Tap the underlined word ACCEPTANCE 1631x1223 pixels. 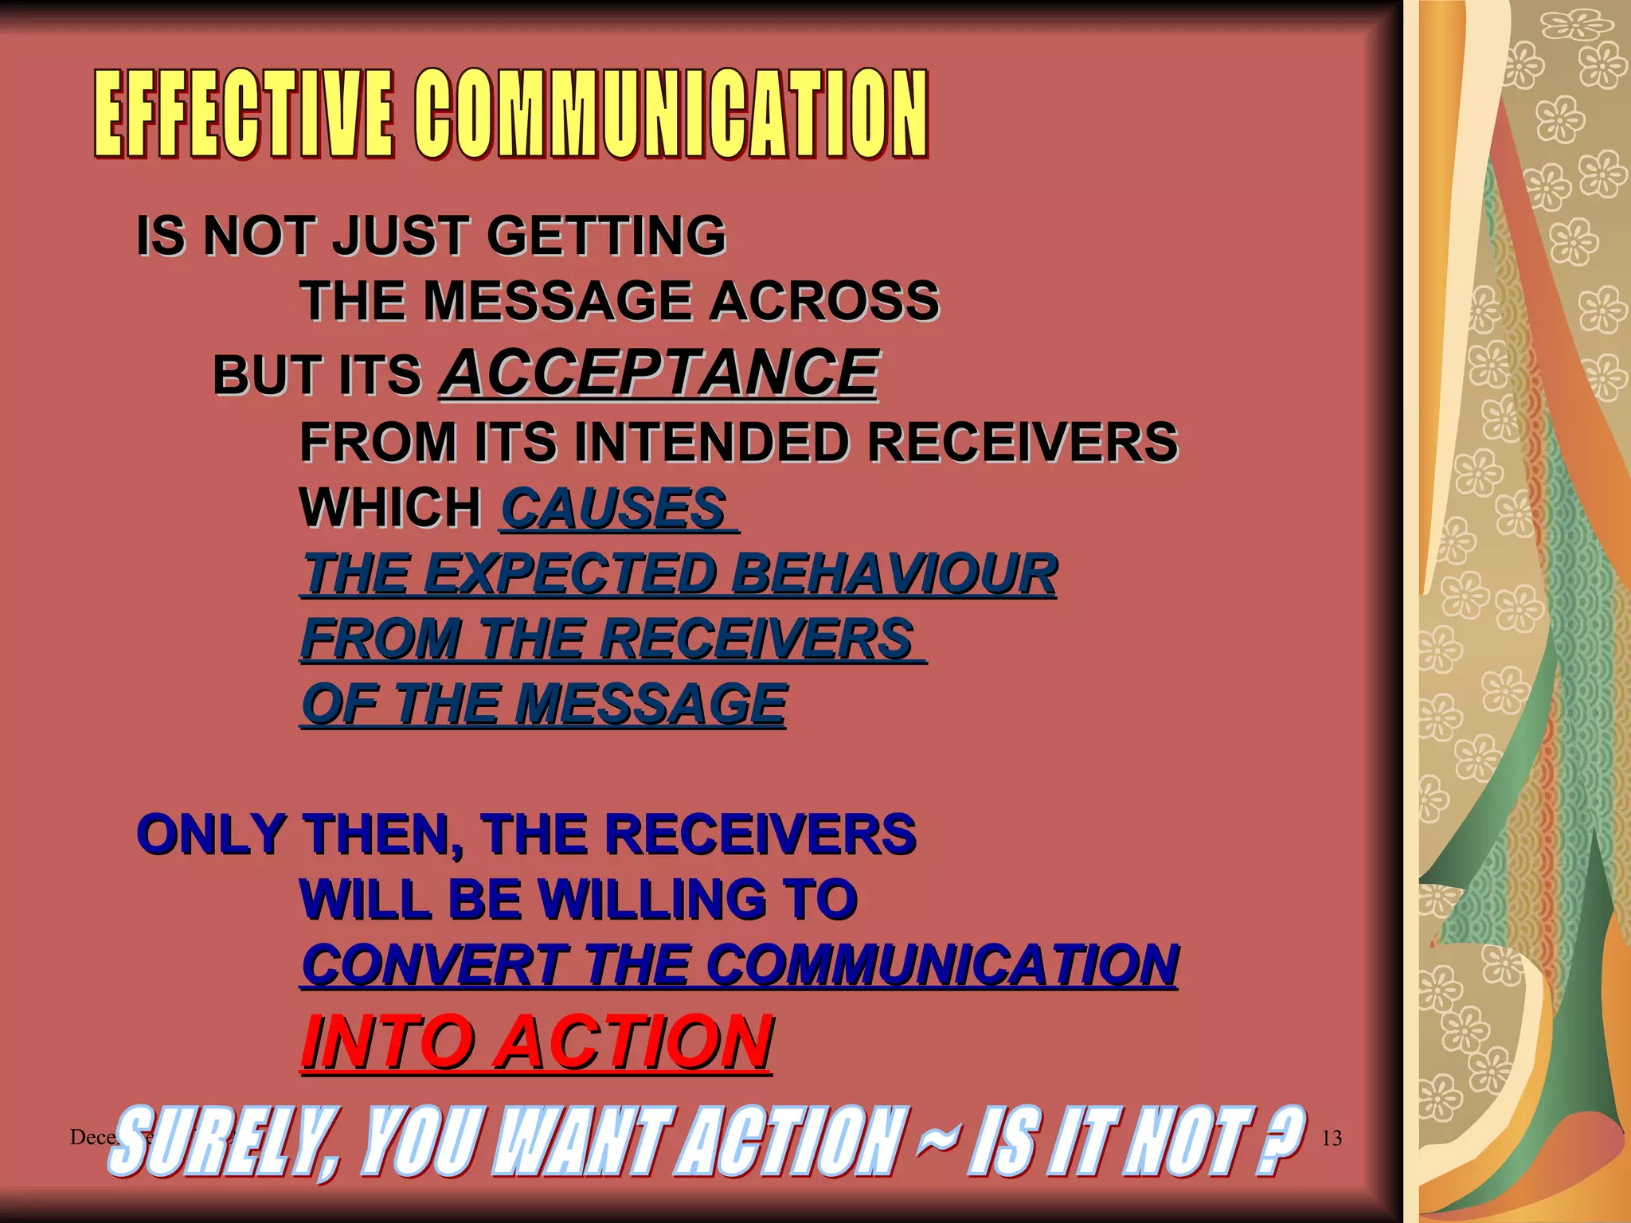pyautogui.click(x=659, y=373)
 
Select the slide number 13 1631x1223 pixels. pyautogui.click(x=1332, y=1139)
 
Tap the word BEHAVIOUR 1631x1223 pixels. pyautogui.click(x=894, y=574)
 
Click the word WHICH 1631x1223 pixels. pyautogui.click(x=390, y=509)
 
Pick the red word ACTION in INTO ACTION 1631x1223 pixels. pyautogui.click(x=635, y=1042)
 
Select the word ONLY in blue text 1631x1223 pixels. pyautogui.click(x=210, y=835)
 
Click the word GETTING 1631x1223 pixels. pyautogui.click(x=606, y=236)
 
